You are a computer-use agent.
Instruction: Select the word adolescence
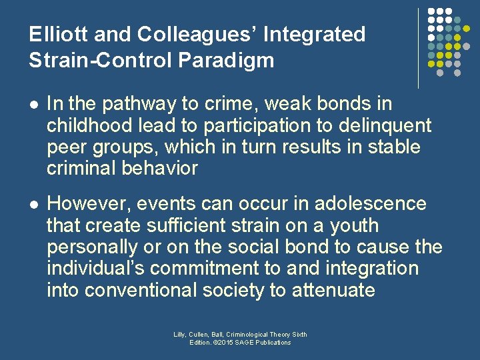pyautogui.click(x=372, y=203)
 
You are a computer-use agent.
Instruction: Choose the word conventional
pyautogui.click(x=147, y=291)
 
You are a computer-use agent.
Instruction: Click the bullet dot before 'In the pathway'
pyautogui.click(x=34, y=105)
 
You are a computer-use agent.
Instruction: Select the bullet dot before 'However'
pyautogui.click(x=34, y=204)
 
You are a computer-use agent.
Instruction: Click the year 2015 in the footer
pyautogui.click(x=226, y=343)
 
